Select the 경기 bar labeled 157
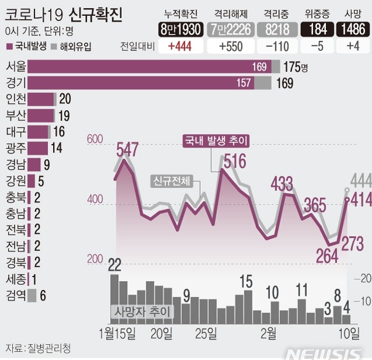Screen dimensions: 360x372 [x=140, y=83]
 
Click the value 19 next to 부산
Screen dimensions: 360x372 [x=64, y=115]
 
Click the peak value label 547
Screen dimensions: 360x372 [x=127, y=149]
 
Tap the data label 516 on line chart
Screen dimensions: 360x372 [x=234, y=160]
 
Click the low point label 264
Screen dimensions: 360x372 [x=327, y=256]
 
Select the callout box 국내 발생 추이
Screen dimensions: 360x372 [x=216, y=141]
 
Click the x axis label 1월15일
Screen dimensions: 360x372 [x=118, y=334]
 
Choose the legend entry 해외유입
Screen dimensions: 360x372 [x=75, y=46]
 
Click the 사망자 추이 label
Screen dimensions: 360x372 [x=142, y=312]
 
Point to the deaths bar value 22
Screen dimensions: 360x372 [x=115, y=265]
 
